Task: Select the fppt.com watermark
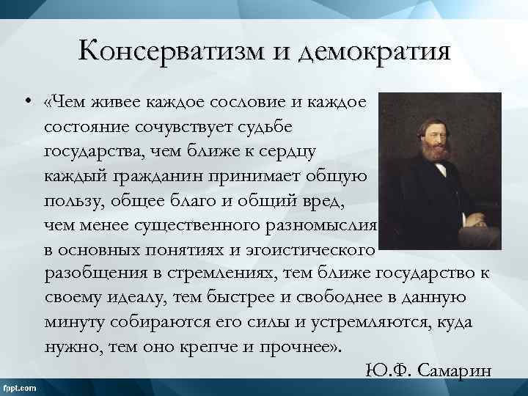coord(22,386)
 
